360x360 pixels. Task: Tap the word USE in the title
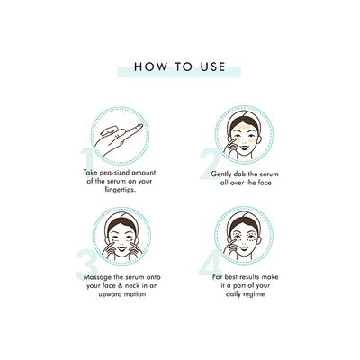pyautogui.click(x=213, y=67)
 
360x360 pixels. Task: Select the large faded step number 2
pyautogui.click(x=211, y=164)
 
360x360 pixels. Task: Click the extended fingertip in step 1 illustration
pyautogui.click(x=140, y=125)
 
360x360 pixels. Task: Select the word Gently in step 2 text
pyautogui.click(x=221, y=175)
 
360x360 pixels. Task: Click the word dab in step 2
pyautogui.click(x=240, y=174)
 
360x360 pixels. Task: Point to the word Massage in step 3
pyautogui.click(x=97, y=277)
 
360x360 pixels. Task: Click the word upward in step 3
pyautogui.click(x=110, y=294)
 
